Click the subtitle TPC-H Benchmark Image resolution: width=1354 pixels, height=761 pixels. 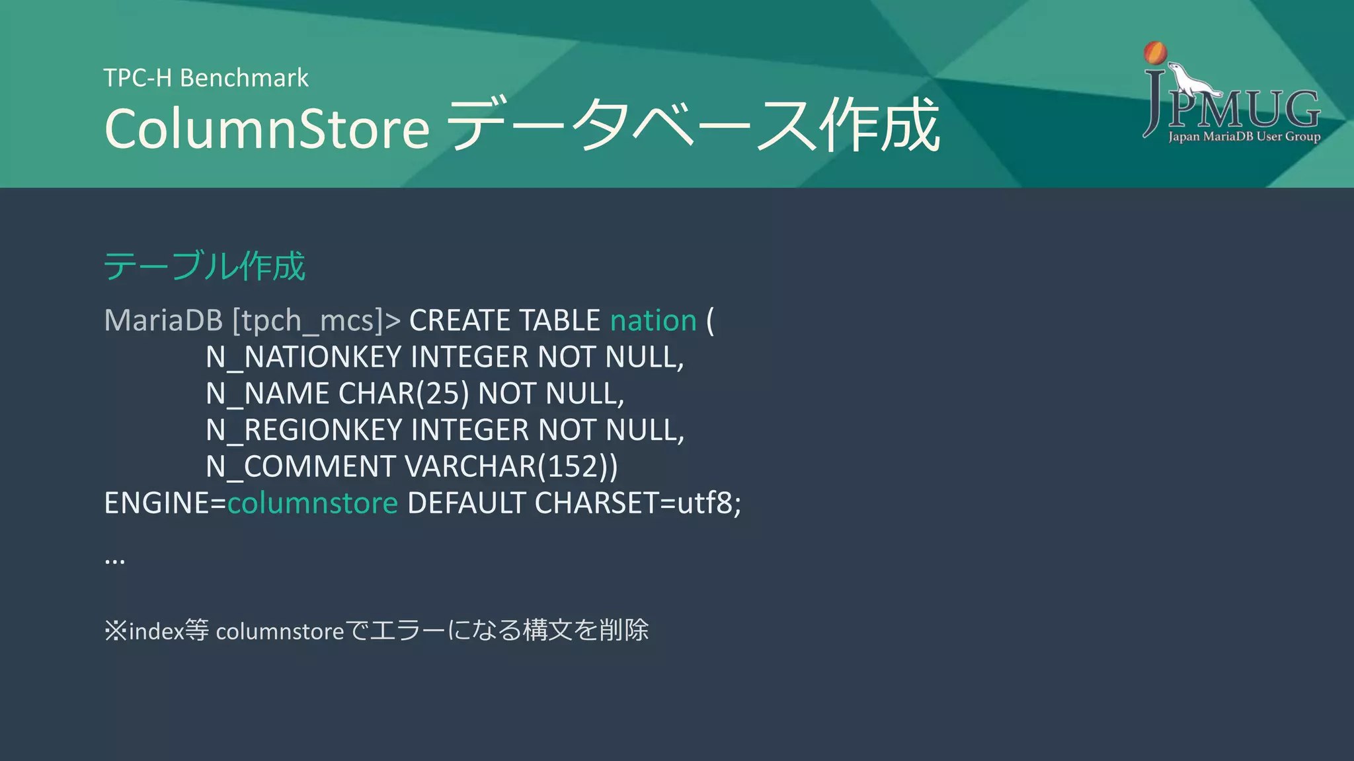pyautogui.click(x=206, y=78)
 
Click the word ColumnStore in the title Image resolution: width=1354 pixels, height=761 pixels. pyautogui.click(x=267, y=128)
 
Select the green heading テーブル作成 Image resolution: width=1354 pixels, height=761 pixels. pyautogui.click(x=204, y=266)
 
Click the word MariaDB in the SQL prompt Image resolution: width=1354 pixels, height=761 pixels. pyautogui.click(x=163, y=321)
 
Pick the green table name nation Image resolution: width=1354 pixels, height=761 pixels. pyautogui.click(x=653, y=321)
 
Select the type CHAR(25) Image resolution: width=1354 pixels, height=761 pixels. pyautogui.click(x=403, y=394)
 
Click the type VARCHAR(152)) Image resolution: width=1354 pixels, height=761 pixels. pyautogui.click(x=511, y=467)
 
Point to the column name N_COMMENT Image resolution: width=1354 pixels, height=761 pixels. pyautogui.click(x=300, y=467)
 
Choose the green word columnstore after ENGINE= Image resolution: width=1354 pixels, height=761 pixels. pyautogui.click(x=313, y=503)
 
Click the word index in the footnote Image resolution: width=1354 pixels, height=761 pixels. pyautogui.click(x=156, y=631)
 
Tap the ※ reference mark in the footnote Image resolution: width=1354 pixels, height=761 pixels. pyautogui.click(x=115, y=630)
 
